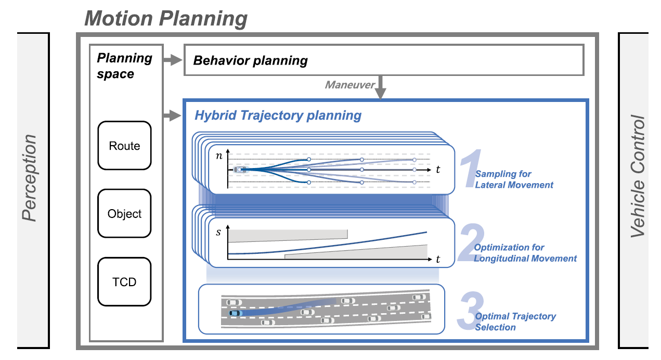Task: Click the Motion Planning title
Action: [166, 19]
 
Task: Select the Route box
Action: [124, 146]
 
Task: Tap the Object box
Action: [124, 214]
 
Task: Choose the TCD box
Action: [124, 282]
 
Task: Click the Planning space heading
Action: [124, 66]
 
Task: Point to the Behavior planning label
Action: [250, 61]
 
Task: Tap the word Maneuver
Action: [349, 84]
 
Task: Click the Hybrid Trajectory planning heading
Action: [277, 115]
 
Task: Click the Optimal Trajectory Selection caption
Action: [515, 322]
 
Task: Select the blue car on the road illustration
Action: [236, 313]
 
